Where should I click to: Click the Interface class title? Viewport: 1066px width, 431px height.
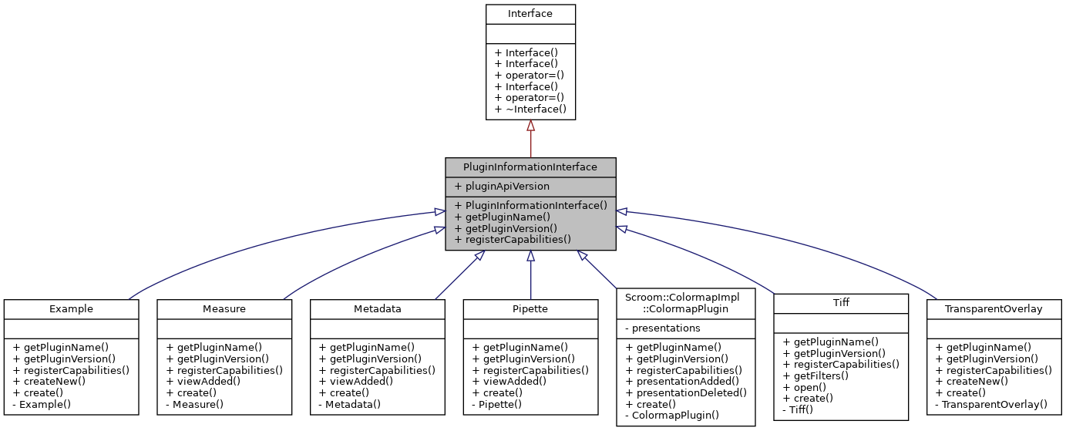pyautogui.click(x=530, y=14)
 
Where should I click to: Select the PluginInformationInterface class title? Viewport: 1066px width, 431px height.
pyautogui.click(x=530, y=167)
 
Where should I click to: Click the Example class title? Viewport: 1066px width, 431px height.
pyautogui.click(x=71, y=308)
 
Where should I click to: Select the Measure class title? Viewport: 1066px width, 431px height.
pyautogui.click(x=224, y=308)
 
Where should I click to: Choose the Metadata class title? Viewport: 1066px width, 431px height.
pyautogui.click(x=377, y=308)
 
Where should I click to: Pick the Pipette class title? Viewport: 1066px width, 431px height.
pyautogui.click(x=530, y=308)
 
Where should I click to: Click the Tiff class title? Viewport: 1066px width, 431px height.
pyautogui.click(x=841, y=303)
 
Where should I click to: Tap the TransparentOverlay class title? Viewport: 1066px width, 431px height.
pyautogui.click(x=994, y=308)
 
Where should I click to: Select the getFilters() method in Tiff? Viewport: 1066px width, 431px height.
pyautogui.click(x=815, y=375)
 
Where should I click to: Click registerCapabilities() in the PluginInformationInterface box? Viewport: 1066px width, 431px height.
pyautogui.click(x=513, y=239)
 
